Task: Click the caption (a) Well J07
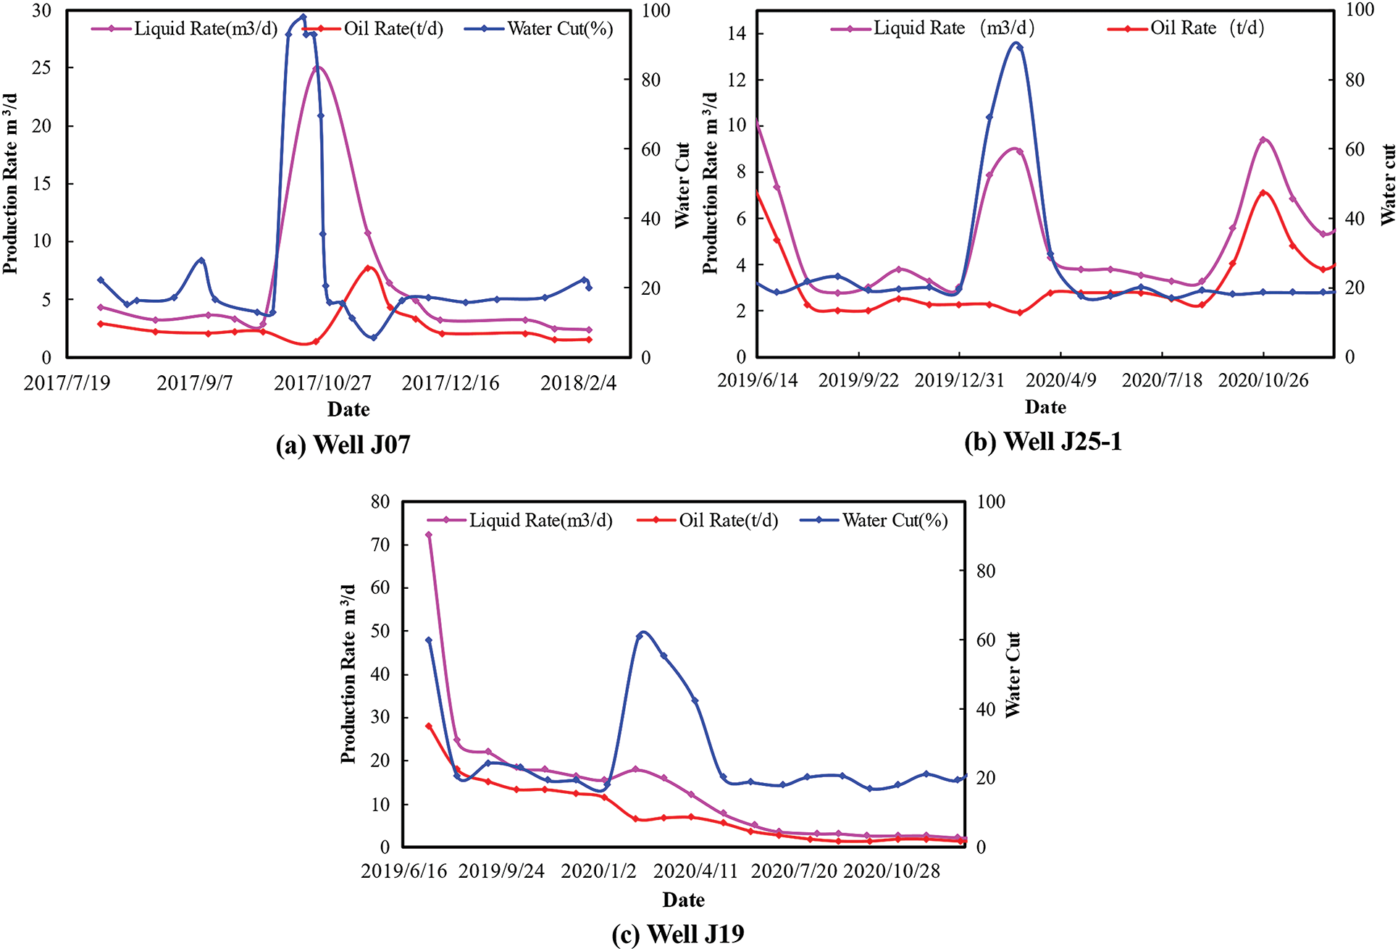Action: pos(343,444)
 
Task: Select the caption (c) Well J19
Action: pos(678,934)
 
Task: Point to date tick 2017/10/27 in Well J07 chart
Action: pos(322,382)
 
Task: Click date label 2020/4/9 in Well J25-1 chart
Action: pos(1061,380)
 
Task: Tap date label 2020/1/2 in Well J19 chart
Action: pos(598,871)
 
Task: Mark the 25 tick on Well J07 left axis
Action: pos(42,68)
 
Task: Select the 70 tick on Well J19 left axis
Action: pos(380,545)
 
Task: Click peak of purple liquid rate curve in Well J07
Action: pos(317,67)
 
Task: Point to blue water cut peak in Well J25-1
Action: pos(1016,44)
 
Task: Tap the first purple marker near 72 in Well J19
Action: pos(428,535)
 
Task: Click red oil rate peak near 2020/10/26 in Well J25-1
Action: pos(1263,193)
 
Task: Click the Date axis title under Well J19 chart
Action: pos(683,900)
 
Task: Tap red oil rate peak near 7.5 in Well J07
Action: pos(368,268)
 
